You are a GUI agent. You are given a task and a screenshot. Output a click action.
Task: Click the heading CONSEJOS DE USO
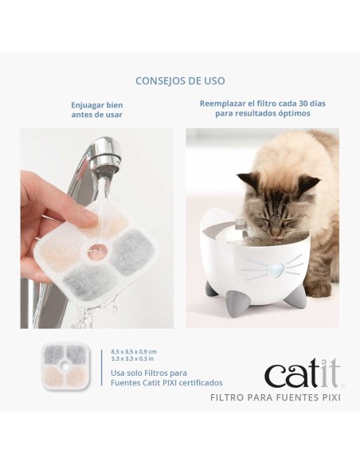point(180,80)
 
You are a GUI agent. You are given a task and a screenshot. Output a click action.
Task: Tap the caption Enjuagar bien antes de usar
point(96,109)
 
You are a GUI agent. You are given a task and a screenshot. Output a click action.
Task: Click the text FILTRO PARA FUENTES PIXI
point(275,397)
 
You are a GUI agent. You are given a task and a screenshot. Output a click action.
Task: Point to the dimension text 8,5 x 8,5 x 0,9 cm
point(134,351)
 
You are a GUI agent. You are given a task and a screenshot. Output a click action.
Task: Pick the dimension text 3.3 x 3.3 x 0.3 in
point(133,359)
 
